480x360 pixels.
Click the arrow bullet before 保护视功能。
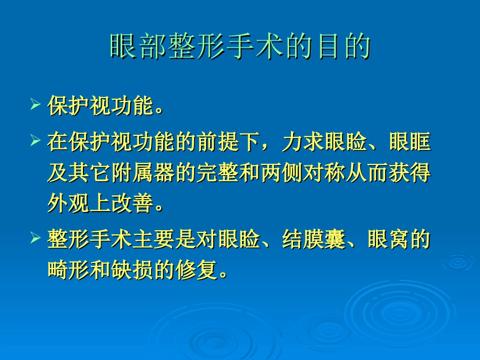[35, 106]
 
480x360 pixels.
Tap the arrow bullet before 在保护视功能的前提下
[35, 140]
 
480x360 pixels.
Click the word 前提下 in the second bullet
[228, 143]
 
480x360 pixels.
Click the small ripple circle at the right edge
[457, 262]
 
